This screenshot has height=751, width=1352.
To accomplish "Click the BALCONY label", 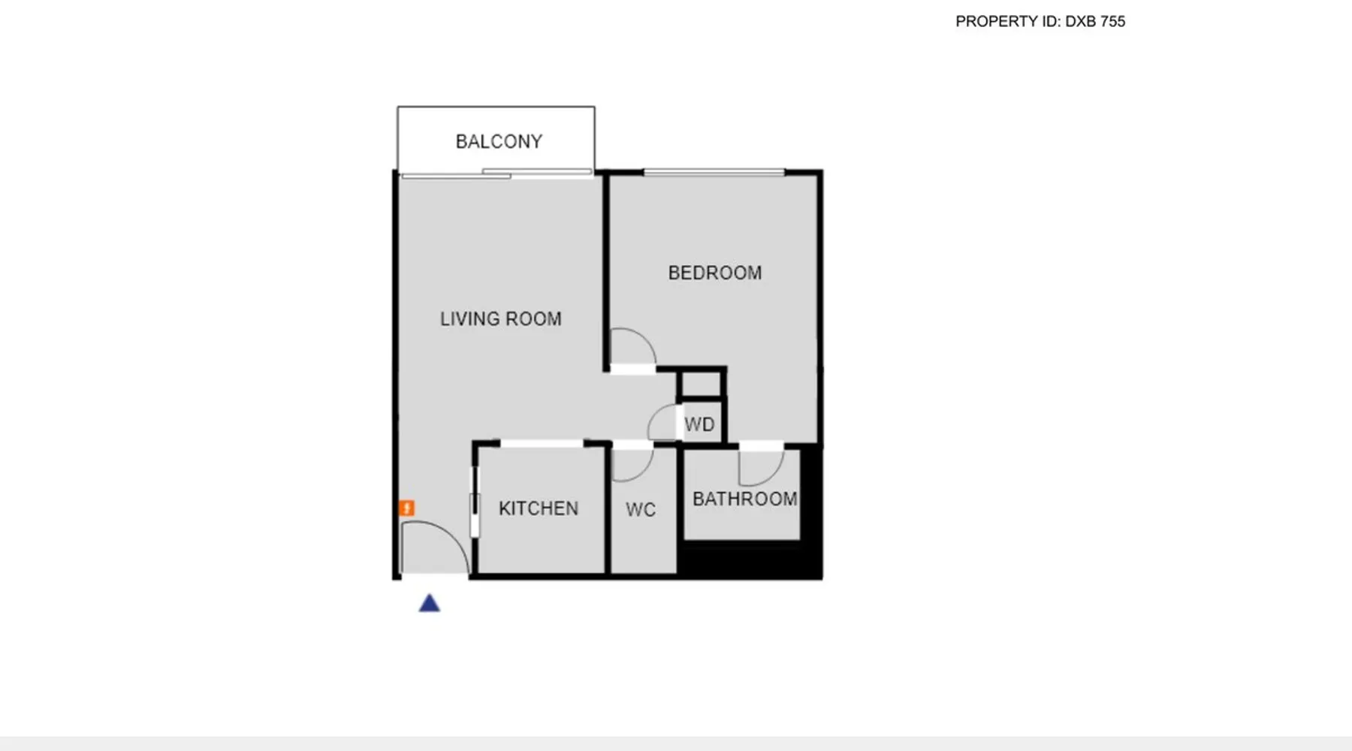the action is coord(499,141).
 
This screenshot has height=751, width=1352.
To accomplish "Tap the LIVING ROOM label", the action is coord(501,319).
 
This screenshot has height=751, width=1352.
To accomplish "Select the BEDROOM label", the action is coord(715,273).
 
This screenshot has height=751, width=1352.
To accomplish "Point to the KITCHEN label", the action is coord(539,508).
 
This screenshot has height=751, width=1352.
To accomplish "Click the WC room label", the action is coord(641,510).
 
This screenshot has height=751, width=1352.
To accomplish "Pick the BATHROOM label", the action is coord(745,499).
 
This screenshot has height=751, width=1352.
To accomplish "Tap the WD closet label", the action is coord(699,425).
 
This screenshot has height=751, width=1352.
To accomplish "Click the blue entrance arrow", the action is coord(430,603).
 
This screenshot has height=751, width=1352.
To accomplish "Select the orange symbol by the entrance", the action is coord(406,508).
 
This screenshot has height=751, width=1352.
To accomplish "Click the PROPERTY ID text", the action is coord(1040,22).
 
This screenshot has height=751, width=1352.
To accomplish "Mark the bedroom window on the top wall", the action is coord(714,173).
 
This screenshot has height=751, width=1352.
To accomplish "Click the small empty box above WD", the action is coord(701,384).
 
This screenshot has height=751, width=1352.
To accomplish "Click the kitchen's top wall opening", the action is coord(542,445).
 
